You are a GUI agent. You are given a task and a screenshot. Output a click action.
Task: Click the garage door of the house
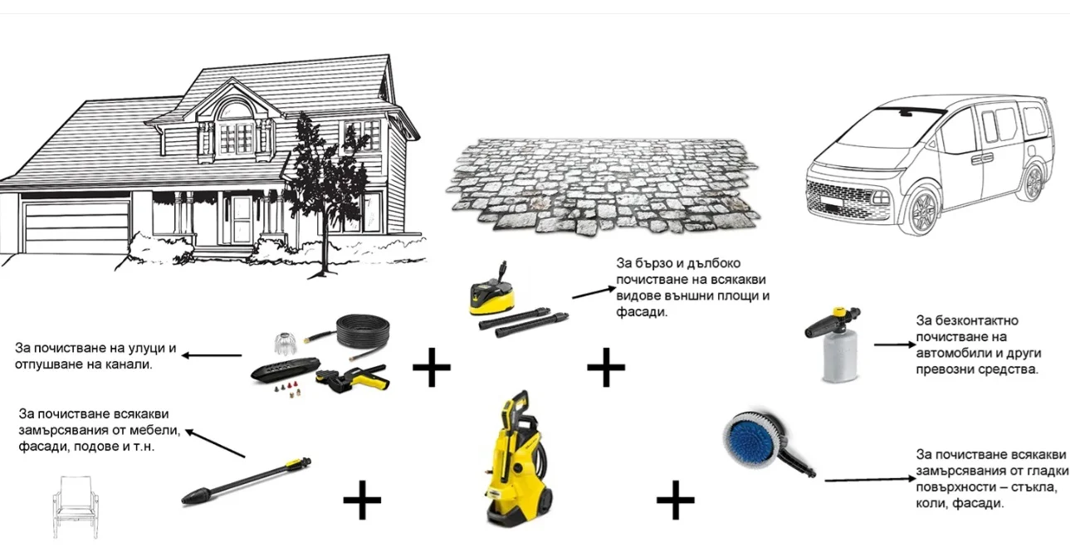(77, 227)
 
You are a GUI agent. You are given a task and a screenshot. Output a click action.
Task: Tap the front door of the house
(242, 220)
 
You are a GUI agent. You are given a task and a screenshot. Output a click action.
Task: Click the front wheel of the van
(923, 212)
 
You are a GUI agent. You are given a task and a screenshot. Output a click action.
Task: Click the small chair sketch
(76, 507)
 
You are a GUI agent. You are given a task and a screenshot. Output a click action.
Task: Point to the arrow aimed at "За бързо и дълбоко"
(594, 292)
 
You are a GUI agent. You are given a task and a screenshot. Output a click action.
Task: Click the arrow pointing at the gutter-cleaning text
(212, 355)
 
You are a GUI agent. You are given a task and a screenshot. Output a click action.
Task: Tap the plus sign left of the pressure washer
(362, 500)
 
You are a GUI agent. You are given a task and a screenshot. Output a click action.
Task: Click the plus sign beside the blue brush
(676, 500)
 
